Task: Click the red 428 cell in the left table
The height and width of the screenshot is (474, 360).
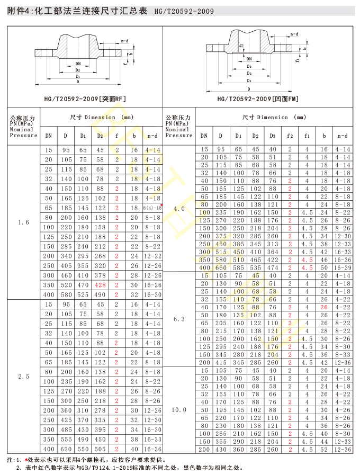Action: click(100, 285)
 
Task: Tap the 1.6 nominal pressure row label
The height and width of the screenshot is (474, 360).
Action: click(23, 222)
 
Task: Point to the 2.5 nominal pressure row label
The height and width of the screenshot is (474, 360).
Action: click(23, 376)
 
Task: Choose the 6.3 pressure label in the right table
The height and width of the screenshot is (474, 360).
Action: click(179, 319)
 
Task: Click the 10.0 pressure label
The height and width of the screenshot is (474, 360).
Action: click(179, 409)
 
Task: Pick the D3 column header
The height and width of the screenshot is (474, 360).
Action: click(272, 136)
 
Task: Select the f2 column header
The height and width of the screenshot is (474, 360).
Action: click(290, 136)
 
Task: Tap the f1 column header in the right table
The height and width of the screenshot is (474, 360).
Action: click(307, 136)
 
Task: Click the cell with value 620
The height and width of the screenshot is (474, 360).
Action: click(66, 449)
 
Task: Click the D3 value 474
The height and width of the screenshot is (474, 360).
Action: click(272, 267)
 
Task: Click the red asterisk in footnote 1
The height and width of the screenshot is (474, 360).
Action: click(26, 460)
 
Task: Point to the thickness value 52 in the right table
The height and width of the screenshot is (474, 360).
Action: click(324, 449)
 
